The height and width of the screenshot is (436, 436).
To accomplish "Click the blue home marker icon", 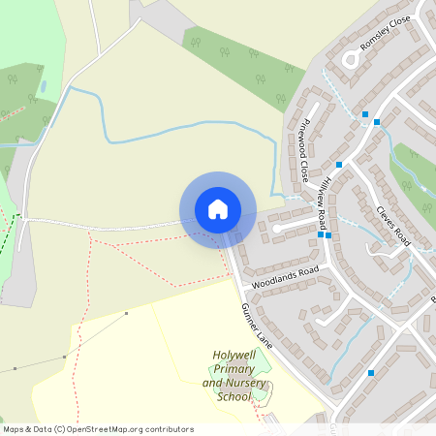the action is (217, 209).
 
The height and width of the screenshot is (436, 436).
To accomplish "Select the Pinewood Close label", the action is (305, 150).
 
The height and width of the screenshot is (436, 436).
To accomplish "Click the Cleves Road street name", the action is (393, 226).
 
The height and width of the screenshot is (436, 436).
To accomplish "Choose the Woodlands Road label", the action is (285, 278).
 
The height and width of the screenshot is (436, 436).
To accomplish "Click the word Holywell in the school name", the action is (234, 357).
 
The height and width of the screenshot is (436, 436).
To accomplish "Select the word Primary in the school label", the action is (233, 370).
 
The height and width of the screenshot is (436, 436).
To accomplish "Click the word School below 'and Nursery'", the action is (234, 397).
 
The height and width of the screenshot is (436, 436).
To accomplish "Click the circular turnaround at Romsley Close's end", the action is (349, 58).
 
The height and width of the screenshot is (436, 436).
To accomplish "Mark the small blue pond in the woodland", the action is (43, 86).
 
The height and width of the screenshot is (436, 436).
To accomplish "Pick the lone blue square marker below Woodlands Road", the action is (370, 372).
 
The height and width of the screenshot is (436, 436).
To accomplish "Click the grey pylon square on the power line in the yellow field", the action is (126, 314).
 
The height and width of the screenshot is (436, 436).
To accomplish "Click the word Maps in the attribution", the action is (13, 429).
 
